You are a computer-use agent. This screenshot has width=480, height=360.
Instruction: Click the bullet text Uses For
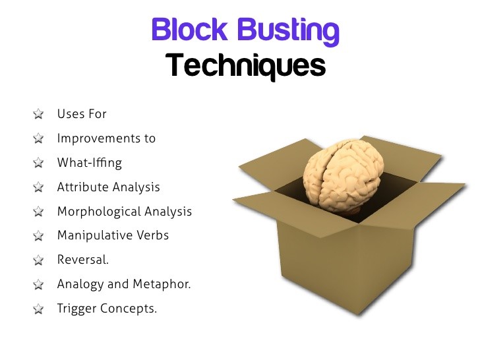(x=82, y=114)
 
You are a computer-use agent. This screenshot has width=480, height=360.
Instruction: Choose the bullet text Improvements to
(x=106, y=138)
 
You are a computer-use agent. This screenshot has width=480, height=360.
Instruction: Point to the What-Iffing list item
(x=89, y=163)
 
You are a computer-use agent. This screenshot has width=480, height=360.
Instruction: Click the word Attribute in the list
(x=81, y=187)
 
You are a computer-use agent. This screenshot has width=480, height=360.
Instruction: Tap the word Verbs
(x=151, y=235)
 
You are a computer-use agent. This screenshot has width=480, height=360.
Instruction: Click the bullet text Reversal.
(x=82, y=260)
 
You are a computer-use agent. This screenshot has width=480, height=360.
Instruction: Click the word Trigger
(x=76, y=309)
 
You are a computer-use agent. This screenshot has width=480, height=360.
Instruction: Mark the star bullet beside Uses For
(x=38, y=115)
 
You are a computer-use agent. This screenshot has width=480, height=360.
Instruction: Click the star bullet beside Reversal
(x=38, y=260)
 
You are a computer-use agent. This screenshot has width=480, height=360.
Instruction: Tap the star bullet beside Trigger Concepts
(x=38, y=309)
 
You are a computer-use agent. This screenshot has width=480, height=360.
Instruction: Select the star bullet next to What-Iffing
(x=38, y=164)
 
